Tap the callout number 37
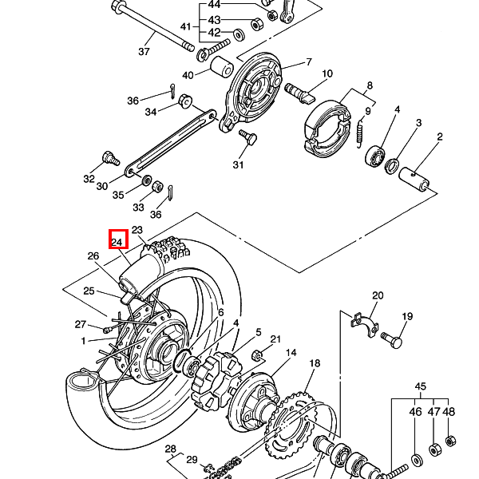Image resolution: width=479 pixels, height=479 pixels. tap(144, 52)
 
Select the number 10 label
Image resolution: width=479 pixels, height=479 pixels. tap(327, 74)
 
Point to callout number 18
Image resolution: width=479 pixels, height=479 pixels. tap(315, 363)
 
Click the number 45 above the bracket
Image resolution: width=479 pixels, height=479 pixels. tap(421, 387)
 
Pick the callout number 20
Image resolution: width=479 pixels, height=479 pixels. tap(378, 295)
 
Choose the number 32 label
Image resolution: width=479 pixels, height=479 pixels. tap(89, 180)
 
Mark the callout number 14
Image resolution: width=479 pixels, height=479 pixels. tap(291, 353)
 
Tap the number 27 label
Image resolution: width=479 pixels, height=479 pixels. tap(80, 324)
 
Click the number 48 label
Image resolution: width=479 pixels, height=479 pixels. tap(449, 412)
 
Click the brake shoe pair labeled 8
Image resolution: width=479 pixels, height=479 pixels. tap(328, 123)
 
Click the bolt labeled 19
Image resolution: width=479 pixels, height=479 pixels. tap(392, 339)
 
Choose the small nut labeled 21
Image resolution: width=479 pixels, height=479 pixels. tap(258, 355)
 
